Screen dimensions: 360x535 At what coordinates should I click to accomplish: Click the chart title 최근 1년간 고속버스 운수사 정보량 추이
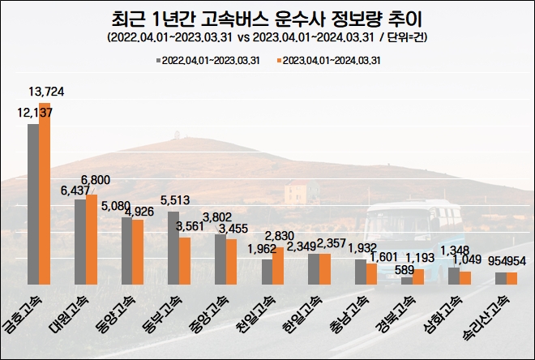pyautogui.click(x=267, y=17)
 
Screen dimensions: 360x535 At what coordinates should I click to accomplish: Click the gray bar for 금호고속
pyautogui.click(x=33, y=204)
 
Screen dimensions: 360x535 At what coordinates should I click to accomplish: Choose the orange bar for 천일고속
pyautogui.click(x=278, y=265)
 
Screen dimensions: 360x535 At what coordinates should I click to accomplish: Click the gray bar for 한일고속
pyautogui.click(x=313, y=268)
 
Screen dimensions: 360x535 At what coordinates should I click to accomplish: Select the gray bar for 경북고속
pyautogui.click(x=407, y=280)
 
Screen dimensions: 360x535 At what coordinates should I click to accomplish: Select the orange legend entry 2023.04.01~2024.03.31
pyautogui.click(x=328, y=60)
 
